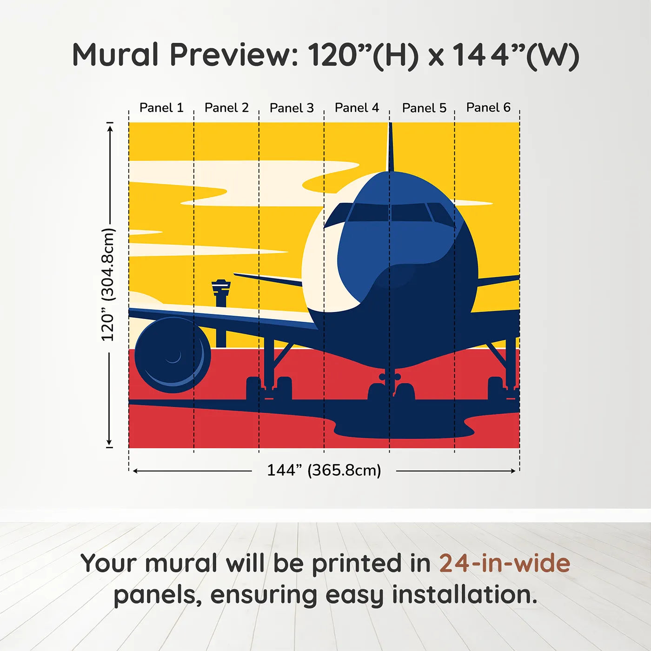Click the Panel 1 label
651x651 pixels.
(161, 108)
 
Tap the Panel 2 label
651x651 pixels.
(226, 108)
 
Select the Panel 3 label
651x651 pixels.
(292, 108)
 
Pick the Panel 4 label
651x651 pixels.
(357, 108)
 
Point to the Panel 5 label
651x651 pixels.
(424, 108)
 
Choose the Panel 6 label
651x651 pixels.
(488, 108)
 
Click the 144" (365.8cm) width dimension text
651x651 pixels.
(324, 470)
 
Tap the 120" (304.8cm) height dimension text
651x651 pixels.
(108, 285)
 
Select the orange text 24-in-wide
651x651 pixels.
(505, 563)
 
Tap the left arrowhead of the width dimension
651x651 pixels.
(135, 471)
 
